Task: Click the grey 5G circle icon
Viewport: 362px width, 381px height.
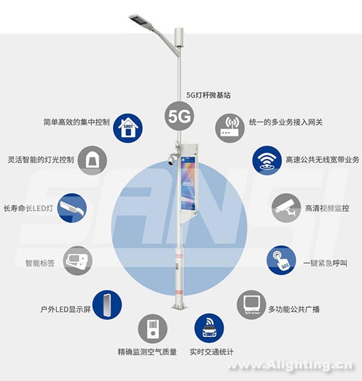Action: tap(180, 116)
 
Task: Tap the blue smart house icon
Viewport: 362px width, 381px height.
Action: tap(128, 128)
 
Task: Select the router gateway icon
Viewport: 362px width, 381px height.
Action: tap(230, 128)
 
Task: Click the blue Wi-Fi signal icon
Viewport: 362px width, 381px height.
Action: tap(267, 160)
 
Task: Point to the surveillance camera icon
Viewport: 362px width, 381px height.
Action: tap(286, 208)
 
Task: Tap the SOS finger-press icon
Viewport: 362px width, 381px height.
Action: tap(281, 260)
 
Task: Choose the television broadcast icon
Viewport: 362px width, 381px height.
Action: tap(251, 305)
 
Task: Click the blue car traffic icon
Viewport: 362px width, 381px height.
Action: tap(209, 328)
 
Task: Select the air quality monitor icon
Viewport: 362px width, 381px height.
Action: tap(153, 328)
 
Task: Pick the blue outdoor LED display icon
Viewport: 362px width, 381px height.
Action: tap(107, 305)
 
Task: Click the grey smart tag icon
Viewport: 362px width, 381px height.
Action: tap(78, 260)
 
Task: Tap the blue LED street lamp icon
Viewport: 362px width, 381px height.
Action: tap(72, 208)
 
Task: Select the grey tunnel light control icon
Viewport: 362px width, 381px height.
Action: tap(92, 160)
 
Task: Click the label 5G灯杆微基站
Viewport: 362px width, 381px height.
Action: tap(209, 95)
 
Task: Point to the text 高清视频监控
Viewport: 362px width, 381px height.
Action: tap(327, 208)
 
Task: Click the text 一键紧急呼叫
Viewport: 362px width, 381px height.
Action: tap(325, 263)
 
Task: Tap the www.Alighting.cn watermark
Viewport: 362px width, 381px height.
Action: tap(290, 365)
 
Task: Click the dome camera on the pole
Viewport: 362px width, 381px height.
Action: tap(172, 160)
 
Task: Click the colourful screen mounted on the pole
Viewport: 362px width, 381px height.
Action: tap(188, 183)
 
